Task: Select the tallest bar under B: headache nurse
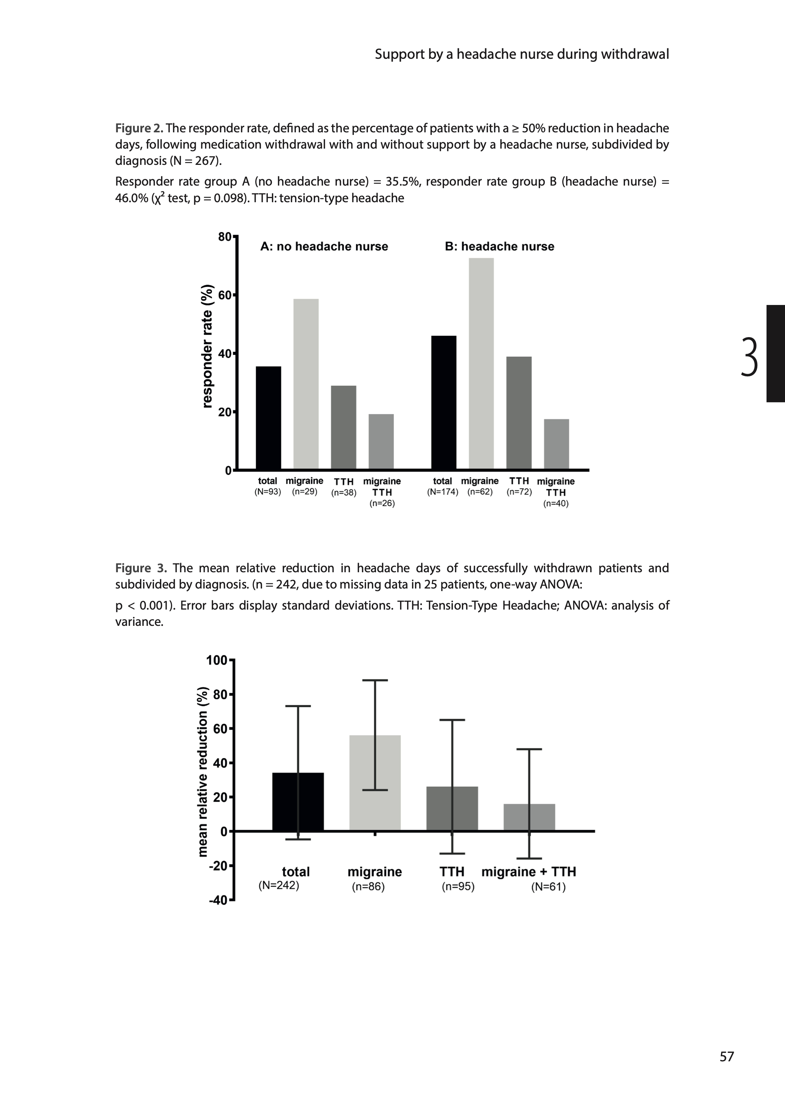[x=481, y=363]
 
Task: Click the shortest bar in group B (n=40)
[x=556, y=444]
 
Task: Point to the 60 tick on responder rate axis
[x=225, y=295]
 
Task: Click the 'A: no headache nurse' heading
[x=324, y=247]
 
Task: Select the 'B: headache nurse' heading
[x=499, y=247]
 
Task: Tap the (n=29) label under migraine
[x=304, y=492]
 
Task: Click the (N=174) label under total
[x=442, y=492]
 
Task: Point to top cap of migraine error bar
[x=375, y=681]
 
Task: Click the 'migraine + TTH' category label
[x=528, y=872]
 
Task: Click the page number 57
[x=727, y=1057]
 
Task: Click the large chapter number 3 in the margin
[x=749, y=357]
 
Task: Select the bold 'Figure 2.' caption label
[x=139, y=128]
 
